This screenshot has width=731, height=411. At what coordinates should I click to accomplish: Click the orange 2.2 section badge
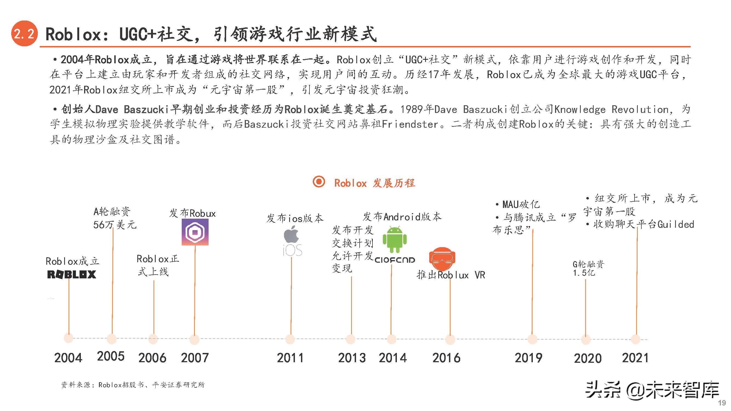24,34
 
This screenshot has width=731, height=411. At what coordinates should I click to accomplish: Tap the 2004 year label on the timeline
68,358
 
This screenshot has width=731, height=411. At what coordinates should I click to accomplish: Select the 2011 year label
290,358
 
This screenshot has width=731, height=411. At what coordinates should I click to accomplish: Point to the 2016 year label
446,358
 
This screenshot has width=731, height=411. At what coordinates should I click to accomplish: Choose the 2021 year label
635,358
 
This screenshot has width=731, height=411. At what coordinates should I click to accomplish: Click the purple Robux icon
195,232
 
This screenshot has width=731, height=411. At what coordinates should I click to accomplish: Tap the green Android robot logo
394,240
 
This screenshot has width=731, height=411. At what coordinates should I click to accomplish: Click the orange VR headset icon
442,258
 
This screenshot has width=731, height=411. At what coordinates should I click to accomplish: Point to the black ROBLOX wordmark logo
72,274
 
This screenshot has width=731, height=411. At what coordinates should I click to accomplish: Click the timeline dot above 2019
532,339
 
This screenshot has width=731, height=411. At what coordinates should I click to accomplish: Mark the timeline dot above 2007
194,339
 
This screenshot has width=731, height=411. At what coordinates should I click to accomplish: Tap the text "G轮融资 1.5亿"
588,268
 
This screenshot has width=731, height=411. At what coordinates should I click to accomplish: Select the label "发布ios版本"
295,218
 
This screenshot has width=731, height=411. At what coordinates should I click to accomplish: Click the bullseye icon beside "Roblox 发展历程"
319,182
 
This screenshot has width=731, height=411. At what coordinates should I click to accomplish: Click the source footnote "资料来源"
132,385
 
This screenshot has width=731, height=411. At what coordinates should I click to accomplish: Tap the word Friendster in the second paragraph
410,124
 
